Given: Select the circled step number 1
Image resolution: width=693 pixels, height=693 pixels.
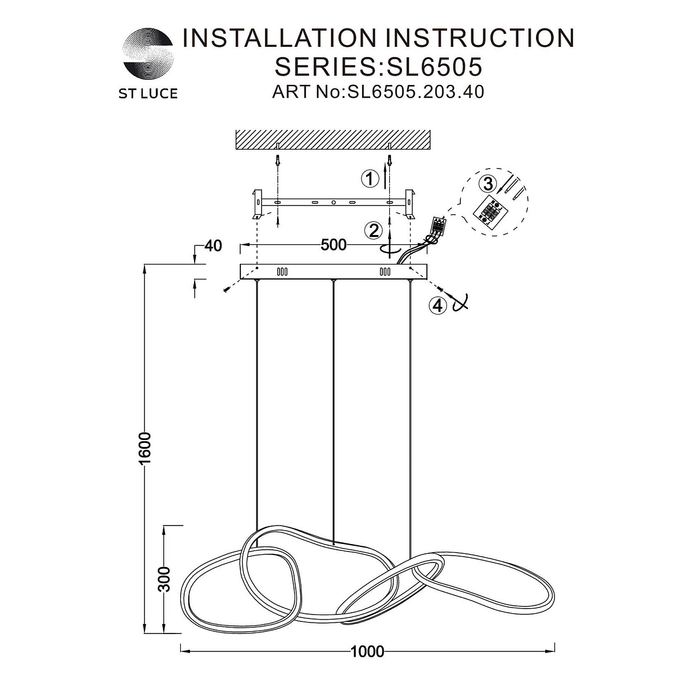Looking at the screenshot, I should (x=369, y=179).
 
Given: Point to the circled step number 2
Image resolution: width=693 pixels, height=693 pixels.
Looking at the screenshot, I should (x=373, y=231).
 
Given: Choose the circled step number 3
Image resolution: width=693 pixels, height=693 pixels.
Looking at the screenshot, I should (x=488, y=184).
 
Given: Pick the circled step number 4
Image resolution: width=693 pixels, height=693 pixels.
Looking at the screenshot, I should (x=438, y=305).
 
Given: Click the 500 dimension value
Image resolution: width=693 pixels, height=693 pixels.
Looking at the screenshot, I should (x=334, y=245).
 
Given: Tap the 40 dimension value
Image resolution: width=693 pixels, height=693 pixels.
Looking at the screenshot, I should (x=213, y=245).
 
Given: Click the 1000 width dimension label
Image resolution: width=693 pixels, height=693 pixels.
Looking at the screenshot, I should (x=367, y=653).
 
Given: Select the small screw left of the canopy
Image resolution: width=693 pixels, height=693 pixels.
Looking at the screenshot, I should (x=226, y=291).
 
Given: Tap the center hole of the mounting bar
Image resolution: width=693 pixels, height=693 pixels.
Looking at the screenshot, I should (x=333, y=203).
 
